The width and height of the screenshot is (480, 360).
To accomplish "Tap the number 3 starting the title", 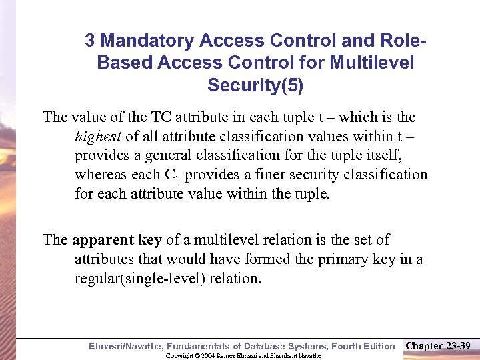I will point(90,41).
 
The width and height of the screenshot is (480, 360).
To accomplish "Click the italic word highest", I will point(98,137).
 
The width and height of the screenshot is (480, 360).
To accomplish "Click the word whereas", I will point(101,175).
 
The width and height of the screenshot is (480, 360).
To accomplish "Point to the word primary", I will point(344,259).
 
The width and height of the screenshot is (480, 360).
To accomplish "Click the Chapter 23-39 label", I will point(437,345).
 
